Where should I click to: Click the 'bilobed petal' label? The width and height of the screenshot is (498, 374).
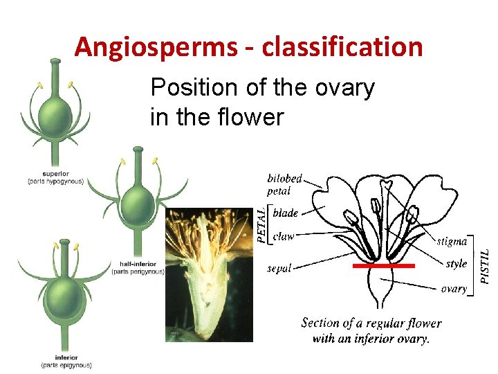point(284,184)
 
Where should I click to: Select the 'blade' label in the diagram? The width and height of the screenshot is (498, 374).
point(286,213)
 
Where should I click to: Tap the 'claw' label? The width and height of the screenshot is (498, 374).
point(284,236)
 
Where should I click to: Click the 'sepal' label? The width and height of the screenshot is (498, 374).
point(279,268)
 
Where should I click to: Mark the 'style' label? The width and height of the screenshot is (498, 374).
point(456,264)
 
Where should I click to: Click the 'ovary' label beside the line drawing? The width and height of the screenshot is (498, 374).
point(454,288)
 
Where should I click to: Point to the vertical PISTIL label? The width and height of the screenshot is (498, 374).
point(486,256)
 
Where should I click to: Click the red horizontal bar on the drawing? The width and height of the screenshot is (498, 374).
point(384,265)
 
